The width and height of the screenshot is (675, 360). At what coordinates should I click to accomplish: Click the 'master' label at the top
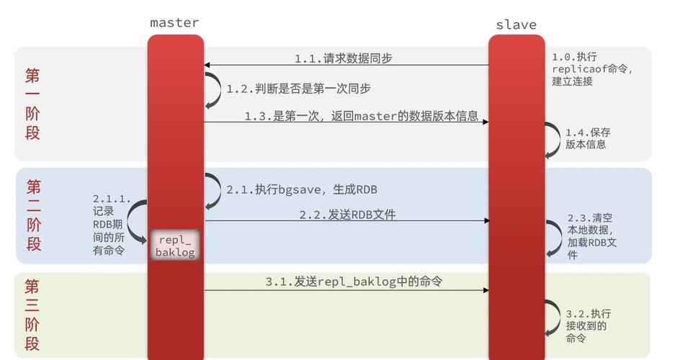pyautogui.click(x=174, y=22)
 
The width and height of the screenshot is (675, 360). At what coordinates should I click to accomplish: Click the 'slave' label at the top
pyautogui.click(x=516, y=24)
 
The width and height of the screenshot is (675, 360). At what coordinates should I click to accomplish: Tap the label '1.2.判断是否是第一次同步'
pyautogui.click(x=299, y=89)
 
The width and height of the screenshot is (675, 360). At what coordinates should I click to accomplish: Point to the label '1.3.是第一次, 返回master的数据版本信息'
pyautogui.click(x=361, y=116)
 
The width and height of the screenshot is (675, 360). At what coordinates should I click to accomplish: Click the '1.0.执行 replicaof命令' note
pyautogui.click(x=591, y=69)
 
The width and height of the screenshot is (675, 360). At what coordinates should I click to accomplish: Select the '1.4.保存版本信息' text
pyautogui.click(x=587, y=138)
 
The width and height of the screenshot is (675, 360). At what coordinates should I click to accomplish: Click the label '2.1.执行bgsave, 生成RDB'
pyautogui.click(x=302, y=190)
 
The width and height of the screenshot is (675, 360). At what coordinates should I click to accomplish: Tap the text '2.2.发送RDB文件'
pyautogui.click(x=347, y=215)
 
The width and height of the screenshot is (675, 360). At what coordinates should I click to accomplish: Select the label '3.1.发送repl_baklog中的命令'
pyautogui.click(x=353, y=282)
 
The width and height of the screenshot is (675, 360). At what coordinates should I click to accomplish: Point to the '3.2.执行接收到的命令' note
pyautogui.click(x=588, y=325)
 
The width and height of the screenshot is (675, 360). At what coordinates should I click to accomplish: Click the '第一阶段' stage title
pyautogui.click(x=32, y=104)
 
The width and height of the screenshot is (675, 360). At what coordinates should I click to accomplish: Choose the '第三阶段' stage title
pyautogui.click(x=32, y=315)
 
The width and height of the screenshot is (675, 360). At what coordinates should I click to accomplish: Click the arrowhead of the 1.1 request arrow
pyautogui.click(x=207, y=66)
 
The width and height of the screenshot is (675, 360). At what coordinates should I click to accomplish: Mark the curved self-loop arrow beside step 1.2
pyautogui.click(x=213, y=89)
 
